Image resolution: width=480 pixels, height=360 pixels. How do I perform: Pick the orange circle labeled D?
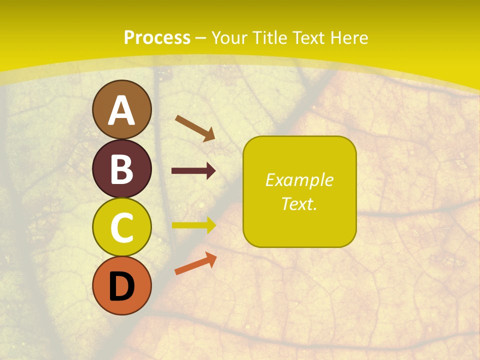point(121,285)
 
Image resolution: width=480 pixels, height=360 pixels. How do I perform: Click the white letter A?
point(121,111)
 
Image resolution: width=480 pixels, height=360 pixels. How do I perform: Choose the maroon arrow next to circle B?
point(193,171)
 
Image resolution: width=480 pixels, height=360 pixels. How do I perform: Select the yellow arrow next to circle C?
point(193,225)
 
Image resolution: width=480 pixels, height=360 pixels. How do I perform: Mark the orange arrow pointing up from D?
point(195,263)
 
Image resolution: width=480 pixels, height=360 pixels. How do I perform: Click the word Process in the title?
point(157,38)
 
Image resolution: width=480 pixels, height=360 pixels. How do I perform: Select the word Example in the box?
point(299,180)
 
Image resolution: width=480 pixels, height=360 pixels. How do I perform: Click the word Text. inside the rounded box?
point(299,203)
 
